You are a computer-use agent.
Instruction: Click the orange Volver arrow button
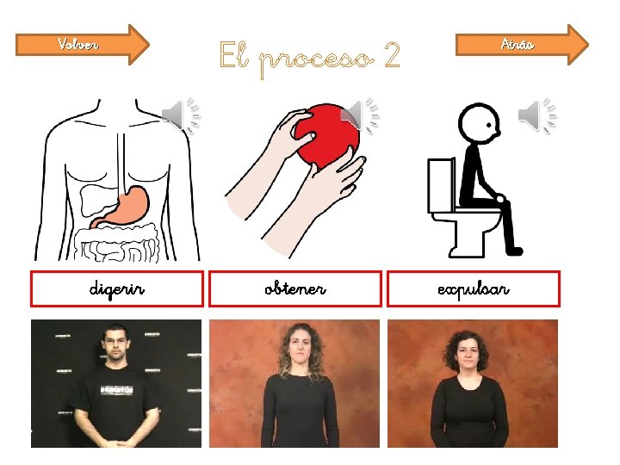(83, 44)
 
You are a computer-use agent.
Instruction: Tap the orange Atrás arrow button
(522, 44)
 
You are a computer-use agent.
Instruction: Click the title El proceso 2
(310, 59)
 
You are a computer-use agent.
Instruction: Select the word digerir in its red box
(116, 289)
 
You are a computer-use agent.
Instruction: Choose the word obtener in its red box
(295, 288)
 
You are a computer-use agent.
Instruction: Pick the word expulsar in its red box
(474, 289)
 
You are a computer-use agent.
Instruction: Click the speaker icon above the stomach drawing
(181, 115)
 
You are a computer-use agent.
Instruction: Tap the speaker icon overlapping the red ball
(359, 115)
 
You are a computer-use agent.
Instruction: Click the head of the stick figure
(480, 123)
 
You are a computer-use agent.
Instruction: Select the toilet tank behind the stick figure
(441, 186)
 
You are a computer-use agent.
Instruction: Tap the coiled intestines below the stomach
(117, 243)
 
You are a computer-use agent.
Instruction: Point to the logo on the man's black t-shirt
(116, 390)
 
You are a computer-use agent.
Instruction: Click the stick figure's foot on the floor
(513, 251)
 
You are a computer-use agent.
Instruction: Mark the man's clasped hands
(116, 442)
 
